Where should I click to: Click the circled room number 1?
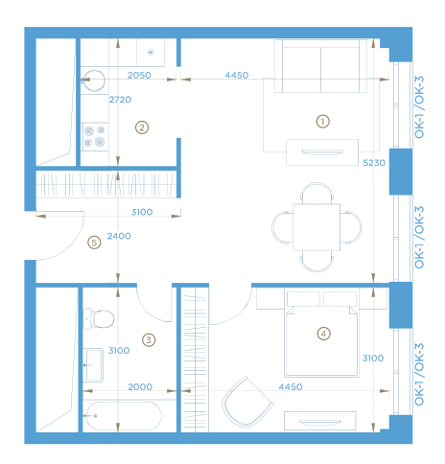tap(323, 122)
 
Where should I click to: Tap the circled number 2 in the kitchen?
tap(142, 128)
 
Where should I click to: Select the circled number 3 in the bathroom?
tap(149, 339)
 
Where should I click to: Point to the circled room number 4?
tap(323, 334)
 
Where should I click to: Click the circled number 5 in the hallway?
tap(94, 243)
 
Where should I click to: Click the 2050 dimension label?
tap(139, 75)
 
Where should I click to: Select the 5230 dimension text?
tap(374, 163)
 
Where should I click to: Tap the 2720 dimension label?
tap(120, 100)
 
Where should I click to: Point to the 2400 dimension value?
tap(119, 236)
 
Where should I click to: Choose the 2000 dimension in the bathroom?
tap(140, 386)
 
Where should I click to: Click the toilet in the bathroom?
tap(99, 318)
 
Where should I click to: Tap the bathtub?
tap(123, 416)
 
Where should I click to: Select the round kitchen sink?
tap(94, 81)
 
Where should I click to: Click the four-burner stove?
tap(95, 136)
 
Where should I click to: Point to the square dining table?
tap(316, 227)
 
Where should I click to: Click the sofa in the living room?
tap(320, 66)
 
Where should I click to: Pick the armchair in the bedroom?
tap(247, 402)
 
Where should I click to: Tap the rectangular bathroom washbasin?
tap(93, 365)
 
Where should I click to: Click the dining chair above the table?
tap(316, 193)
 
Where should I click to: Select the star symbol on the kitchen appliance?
tap(151, 53)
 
